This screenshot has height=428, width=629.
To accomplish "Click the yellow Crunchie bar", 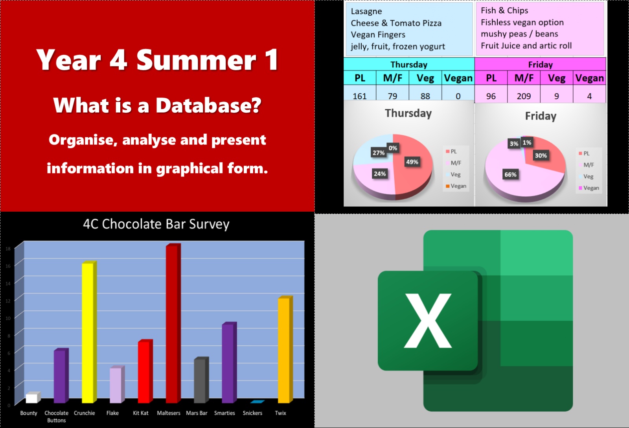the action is [x=89, y=332].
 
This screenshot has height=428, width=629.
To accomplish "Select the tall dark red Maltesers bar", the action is [x=173, y=323].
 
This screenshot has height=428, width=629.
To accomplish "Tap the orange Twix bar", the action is [x=285, y=349].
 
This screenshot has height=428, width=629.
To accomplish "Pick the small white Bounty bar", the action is [x=33, y=397].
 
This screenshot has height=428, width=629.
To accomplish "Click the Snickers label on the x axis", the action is [x=252, y=413].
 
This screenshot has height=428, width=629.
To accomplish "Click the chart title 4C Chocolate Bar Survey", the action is [x=156, y=224].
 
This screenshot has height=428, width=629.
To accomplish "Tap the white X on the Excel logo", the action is [x=428, y=321].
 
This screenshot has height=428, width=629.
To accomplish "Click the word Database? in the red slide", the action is [x=208, y=105].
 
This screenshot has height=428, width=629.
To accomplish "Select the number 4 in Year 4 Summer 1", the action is [x=118, y=59].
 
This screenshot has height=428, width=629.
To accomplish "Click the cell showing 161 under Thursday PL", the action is [x=360, y=96].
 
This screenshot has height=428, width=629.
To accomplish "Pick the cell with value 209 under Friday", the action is [x=524, y=96].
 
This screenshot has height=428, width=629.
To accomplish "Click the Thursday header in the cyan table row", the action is [x=409, y=65].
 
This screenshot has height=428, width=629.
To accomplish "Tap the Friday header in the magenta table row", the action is [x=540, y=65].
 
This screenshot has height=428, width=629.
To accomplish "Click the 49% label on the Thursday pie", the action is [x=412, y=162].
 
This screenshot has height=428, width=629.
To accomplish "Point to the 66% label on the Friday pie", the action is [x=510, y=175].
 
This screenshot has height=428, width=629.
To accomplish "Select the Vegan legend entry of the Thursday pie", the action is [x=456, y=186].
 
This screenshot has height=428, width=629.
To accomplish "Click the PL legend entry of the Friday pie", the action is [x=584, y=153].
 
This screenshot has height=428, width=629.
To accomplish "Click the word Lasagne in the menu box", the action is [x=366, y=11].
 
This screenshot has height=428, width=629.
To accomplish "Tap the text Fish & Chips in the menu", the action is [x=504, y=10].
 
